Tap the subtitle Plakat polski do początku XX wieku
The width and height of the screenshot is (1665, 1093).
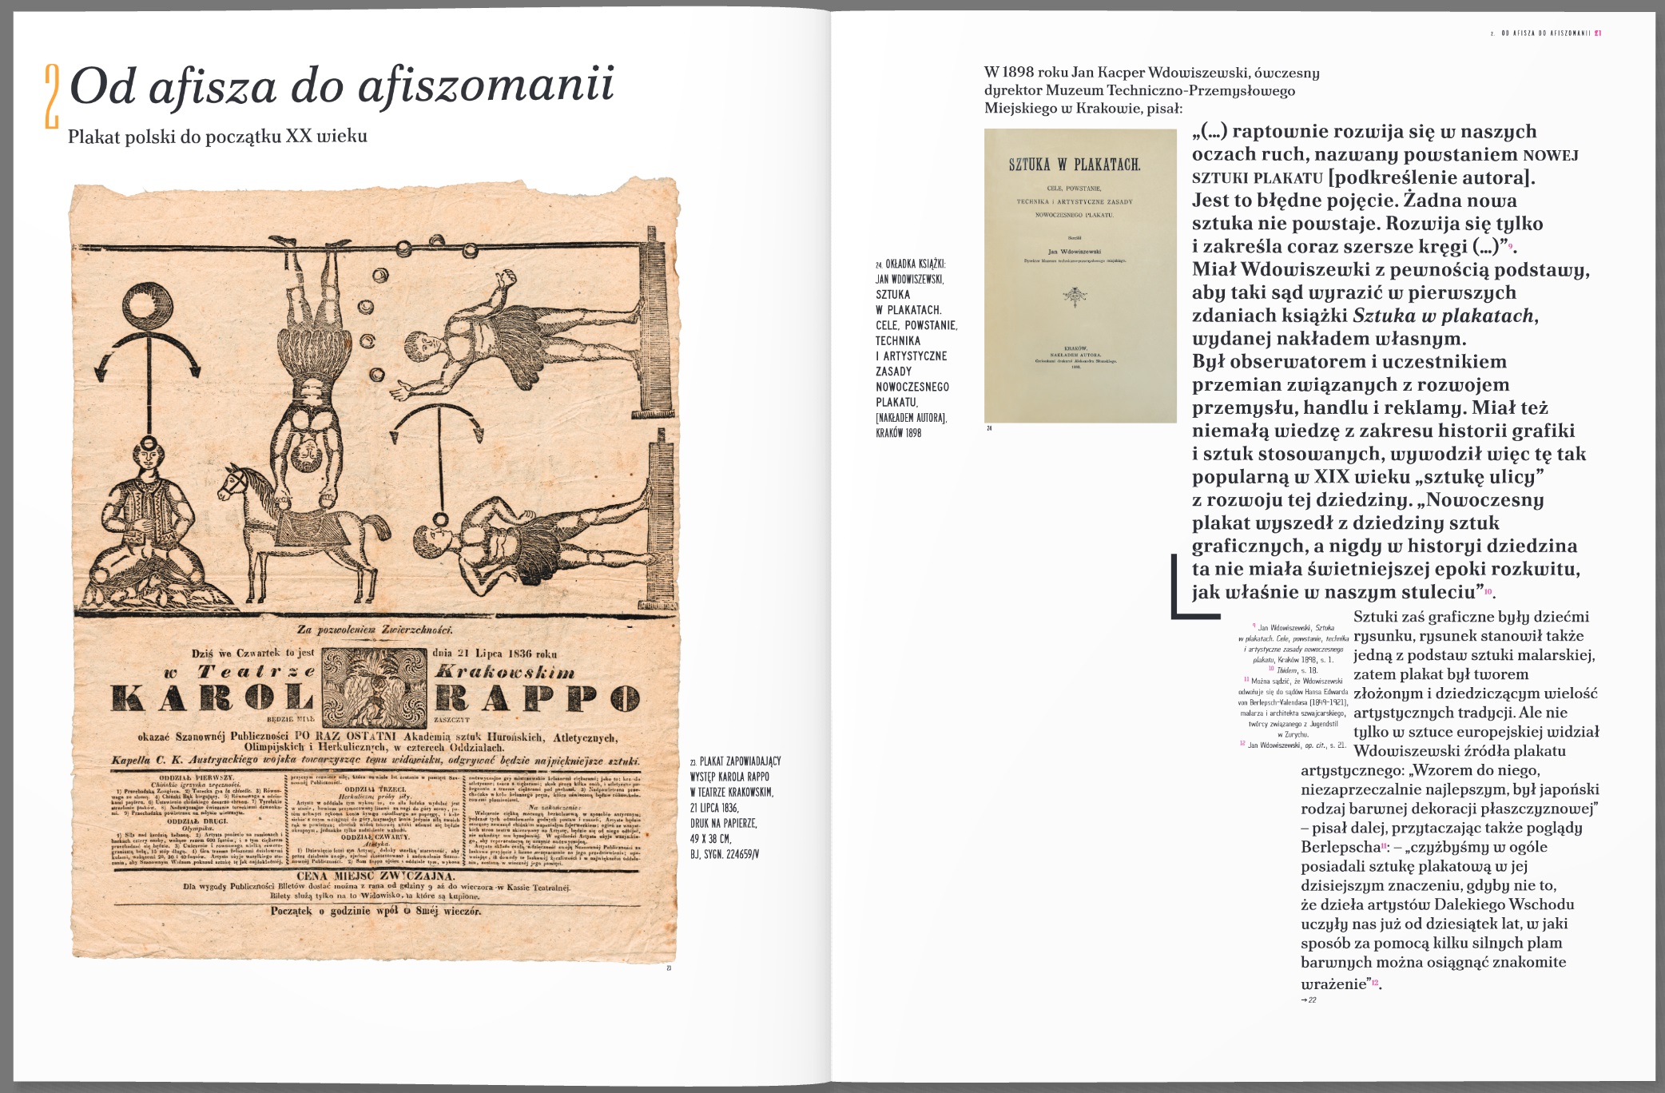point(217,137)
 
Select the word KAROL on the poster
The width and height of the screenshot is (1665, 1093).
point(213,698)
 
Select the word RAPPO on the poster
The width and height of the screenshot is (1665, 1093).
point(537,698)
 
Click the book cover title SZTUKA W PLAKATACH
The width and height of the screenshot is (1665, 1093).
point(1074,165)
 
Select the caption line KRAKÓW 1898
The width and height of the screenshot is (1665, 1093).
point(898,433)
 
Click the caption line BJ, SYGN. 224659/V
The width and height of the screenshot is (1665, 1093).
point(724,854)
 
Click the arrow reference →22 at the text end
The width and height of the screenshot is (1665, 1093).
point(1308,1000)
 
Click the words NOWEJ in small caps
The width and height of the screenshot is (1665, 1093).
point(1550,155)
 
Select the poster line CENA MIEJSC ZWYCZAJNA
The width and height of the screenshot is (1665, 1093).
point(376,875)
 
